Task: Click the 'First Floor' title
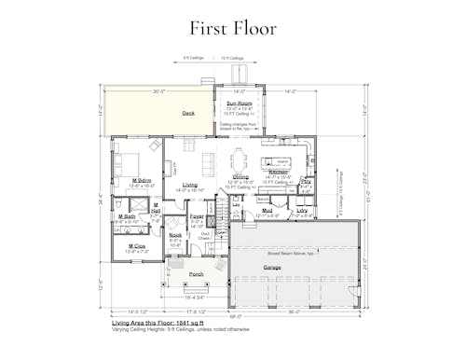coord(232,28)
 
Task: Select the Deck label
coord(188,114)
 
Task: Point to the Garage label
coord(272,268)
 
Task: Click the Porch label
coord(197,274)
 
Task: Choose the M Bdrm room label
coord(142,180)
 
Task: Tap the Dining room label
coord(240,177)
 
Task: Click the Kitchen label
coord(279,173)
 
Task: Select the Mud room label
coord(267,211)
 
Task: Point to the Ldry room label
coord(302,211)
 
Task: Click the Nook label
coord(175,236)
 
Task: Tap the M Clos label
coord(137,246)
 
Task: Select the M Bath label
coord(127,216)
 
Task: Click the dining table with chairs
coord(240,158)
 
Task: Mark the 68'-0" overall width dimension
coord(235,315)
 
